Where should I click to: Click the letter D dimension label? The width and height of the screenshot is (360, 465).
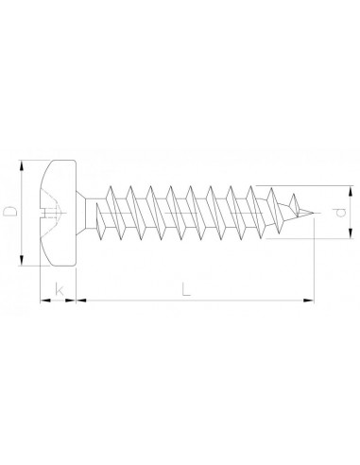pos(9,212)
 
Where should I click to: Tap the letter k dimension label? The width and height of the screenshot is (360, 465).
pos(59,289)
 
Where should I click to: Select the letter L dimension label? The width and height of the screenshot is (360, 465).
pos(186,289)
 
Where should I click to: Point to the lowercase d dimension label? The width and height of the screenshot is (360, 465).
pos(339,213)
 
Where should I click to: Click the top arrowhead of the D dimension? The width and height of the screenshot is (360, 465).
pos(22,165)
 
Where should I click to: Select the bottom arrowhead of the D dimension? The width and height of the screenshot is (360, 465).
pos(22,260)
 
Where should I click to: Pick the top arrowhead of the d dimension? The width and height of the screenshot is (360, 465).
pos(350,191)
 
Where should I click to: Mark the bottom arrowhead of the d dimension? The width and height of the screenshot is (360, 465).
pos(350,233)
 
